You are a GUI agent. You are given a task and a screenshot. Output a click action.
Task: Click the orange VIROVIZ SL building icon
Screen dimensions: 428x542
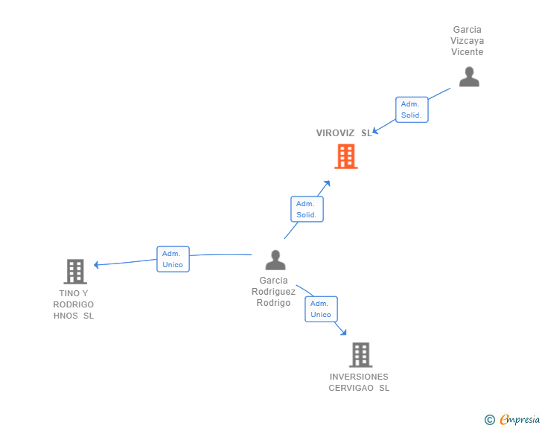345,156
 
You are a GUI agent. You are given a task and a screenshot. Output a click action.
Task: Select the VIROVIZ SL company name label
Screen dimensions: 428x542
343,133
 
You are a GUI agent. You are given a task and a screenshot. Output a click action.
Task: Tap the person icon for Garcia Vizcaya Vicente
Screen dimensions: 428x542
469,77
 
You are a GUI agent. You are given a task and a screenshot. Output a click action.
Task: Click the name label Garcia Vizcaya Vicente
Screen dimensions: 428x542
467,41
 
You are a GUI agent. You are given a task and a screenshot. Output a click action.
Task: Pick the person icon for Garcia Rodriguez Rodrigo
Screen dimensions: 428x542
275,260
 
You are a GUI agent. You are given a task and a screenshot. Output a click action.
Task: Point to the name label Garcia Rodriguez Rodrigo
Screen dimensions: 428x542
273,292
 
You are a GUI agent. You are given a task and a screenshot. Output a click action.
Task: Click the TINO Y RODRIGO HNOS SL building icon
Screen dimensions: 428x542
74,272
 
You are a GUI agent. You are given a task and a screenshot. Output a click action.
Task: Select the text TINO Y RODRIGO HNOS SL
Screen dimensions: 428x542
74,304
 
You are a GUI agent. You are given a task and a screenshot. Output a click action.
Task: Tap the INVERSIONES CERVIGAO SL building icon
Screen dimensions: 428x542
360,354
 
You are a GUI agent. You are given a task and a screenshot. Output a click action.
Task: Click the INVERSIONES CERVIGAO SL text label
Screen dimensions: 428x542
359,382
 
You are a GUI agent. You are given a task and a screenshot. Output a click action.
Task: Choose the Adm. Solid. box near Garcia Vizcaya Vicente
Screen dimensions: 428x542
411,109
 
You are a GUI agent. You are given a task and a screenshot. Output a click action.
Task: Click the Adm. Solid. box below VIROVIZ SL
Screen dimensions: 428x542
306,209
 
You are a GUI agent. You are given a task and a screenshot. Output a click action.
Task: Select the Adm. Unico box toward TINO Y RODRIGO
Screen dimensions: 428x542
173,259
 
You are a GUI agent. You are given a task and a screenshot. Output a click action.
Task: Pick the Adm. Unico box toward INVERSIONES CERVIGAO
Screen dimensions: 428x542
321,309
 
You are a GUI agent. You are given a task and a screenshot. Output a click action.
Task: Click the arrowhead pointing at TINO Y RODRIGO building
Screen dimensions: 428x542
97,264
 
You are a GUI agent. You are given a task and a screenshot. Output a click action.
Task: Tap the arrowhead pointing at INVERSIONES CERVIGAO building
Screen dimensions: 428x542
344,333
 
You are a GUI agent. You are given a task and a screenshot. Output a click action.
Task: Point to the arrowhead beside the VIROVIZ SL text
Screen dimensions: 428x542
376,131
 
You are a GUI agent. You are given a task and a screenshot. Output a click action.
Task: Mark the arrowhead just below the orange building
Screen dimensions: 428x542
327,182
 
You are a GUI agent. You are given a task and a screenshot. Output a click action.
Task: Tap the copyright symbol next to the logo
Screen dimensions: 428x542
490,420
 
